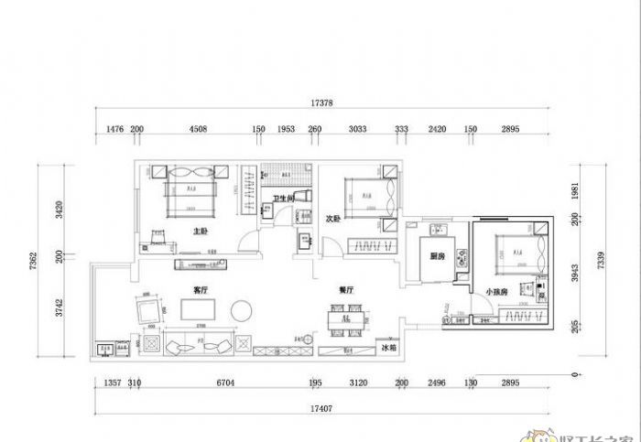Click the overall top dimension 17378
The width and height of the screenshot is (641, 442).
click(x=320, y=102)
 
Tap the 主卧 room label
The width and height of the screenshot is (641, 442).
click(x=201, y=232)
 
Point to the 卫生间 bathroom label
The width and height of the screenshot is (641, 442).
click(x=284, y=199)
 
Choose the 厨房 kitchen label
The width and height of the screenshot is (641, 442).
click(x=438, y=257)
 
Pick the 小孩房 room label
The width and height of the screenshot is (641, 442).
click(x=496, y=292)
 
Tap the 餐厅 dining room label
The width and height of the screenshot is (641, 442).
click(x=346, y=289)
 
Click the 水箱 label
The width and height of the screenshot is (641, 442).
click(x=388, y=348)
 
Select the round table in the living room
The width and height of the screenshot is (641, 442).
click(x=242, y=310)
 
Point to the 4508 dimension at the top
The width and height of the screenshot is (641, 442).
click(x=198, y=130)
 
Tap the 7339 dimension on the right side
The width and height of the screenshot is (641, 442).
click(x=601, y=264)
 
